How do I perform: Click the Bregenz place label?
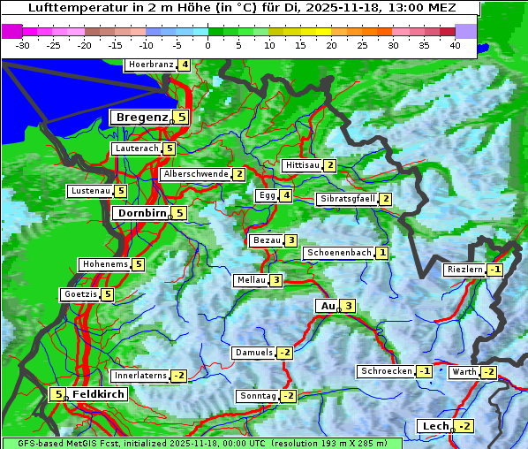coord(140,117)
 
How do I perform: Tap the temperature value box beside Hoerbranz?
coord(184,65)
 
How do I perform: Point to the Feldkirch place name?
coord(97,394)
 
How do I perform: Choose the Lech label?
coord(435,426)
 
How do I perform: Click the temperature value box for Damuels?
coord(284,353)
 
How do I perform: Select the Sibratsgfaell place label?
coord(347,199)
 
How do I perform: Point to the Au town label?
coord(327,306)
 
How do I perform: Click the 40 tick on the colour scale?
coord(455,44)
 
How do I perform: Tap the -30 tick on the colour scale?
coord(23,44)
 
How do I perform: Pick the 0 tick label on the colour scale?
coord(207,44)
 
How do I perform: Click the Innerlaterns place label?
coord(140,376)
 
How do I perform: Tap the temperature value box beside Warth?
coord(488,372)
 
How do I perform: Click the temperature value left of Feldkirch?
coord(57,394)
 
